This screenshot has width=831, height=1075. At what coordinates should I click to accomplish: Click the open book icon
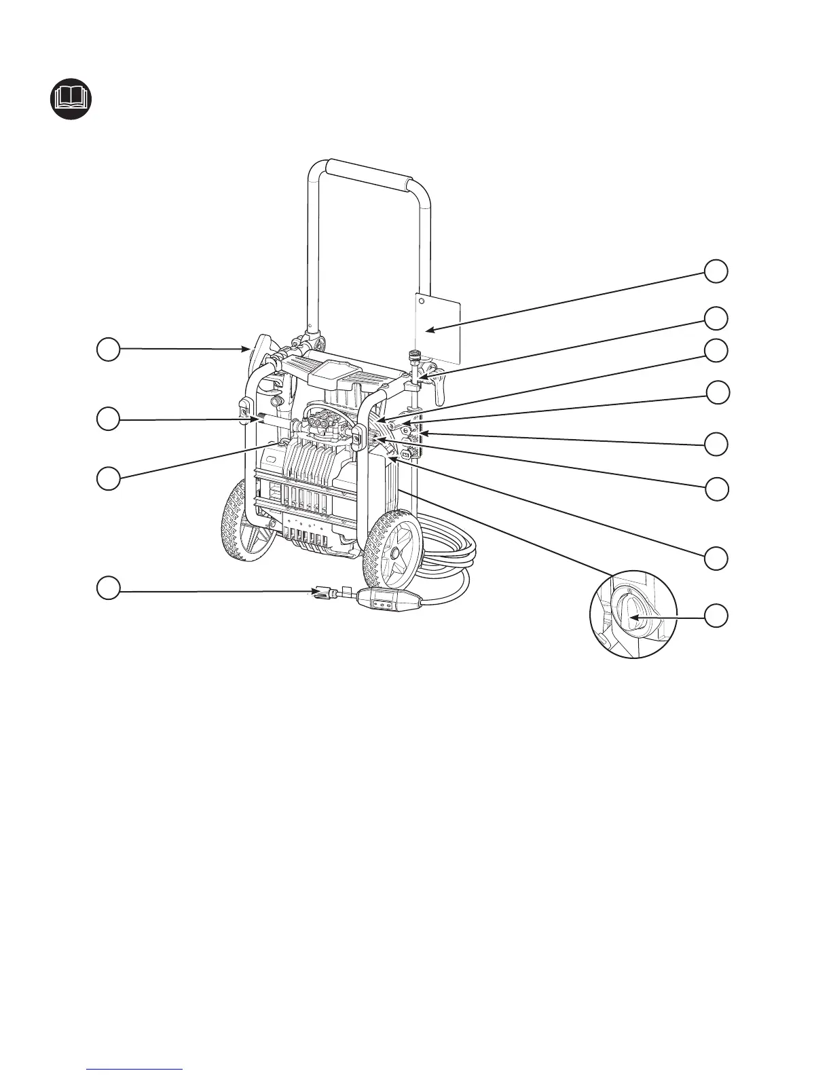coord(71,101)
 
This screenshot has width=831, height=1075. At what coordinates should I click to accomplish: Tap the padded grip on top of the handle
coord(369,174)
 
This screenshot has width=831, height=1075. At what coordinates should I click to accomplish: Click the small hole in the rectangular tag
coord(421,299)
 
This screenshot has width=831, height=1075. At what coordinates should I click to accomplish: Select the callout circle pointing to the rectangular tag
coord(716,271)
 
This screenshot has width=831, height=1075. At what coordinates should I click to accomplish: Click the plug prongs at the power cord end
coord(319,592)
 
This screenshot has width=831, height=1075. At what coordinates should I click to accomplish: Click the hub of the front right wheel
coord(392,554)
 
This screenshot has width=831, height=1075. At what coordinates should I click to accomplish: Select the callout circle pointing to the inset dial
coord(716,616)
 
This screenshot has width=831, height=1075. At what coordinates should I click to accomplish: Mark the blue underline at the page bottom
coord(136,1069)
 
